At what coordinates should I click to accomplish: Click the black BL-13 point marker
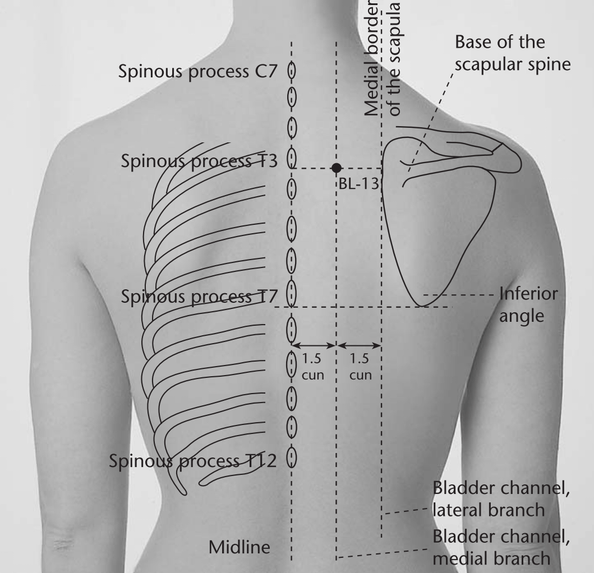click(x=336, y=168)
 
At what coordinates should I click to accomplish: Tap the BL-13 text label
click(x=358, y=184)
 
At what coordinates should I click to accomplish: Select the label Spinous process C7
click(x=198, y=72)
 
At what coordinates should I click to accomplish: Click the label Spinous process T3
click(x=199, y=161)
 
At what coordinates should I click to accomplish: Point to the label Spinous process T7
click(x=199, y=297)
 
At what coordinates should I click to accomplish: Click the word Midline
click(x=240, y=547)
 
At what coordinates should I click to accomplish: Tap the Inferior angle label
click(x=528, y=305)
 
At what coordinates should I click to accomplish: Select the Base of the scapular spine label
click(x=513, y=53)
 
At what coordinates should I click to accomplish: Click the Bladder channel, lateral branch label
click(x=501, y=499)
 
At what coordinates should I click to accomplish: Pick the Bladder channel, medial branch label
click(x=501, y=548)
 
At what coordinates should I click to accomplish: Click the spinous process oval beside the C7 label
click(x=291, y=71)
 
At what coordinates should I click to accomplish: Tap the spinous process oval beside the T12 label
click(x=291, y=458)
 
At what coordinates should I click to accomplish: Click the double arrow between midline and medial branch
click(x=314, y=345)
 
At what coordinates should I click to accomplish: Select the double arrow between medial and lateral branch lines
click(x=359, y=345)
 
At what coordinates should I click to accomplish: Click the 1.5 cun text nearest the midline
click(x=312, y=367)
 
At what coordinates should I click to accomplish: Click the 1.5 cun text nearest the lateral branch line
click(x=360, y=367)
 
